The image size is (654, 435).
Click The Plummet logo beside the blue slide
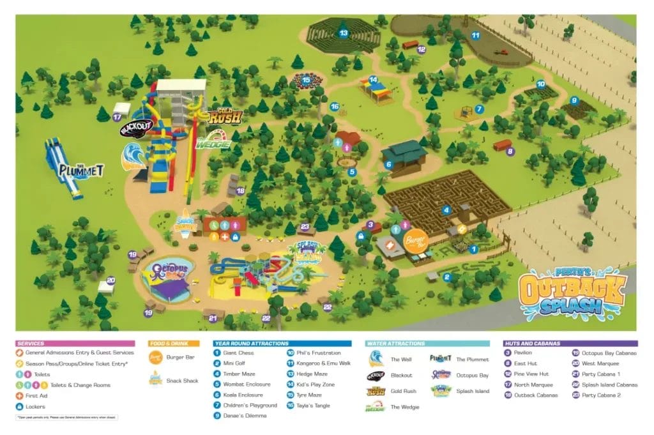coord(81,170)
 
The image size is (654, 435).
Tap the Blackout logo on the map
coord(136,128)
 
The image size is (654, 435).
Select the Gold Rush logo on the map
coord(225,116)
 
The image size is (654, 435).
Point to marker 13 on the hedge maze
coord(343,33)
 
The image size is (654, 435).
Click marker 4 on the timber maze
coord(447,210)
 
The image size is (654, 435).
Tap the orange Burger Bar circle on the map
coord(414,240)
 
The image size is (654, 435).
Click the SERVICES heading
coord(31,344)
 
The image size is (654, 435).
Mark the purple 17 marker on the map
coord(117,118)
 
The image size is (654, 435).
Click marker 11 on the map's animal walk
coord(475,35)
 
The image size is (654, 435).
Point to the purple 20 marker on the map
coord(110,280)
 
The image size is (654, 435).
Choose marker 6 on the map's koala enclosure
coord(388,164)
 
